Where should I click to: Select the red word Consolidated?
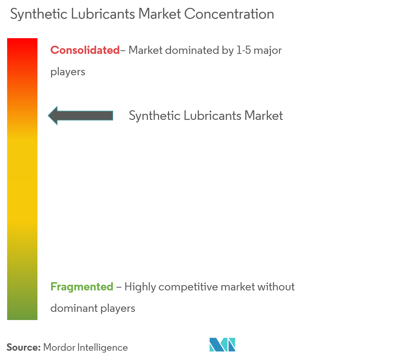coord(85,50)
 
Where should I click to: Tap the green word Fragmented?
coord(82,287)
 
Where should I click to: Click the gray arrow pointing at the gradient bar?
coord(81,115)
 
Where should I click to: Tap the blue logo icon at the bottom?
coord(222,345)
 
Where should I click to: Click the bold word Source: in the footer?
coord(24,348)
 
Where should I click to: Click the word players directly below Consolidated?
coord(68,72)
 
